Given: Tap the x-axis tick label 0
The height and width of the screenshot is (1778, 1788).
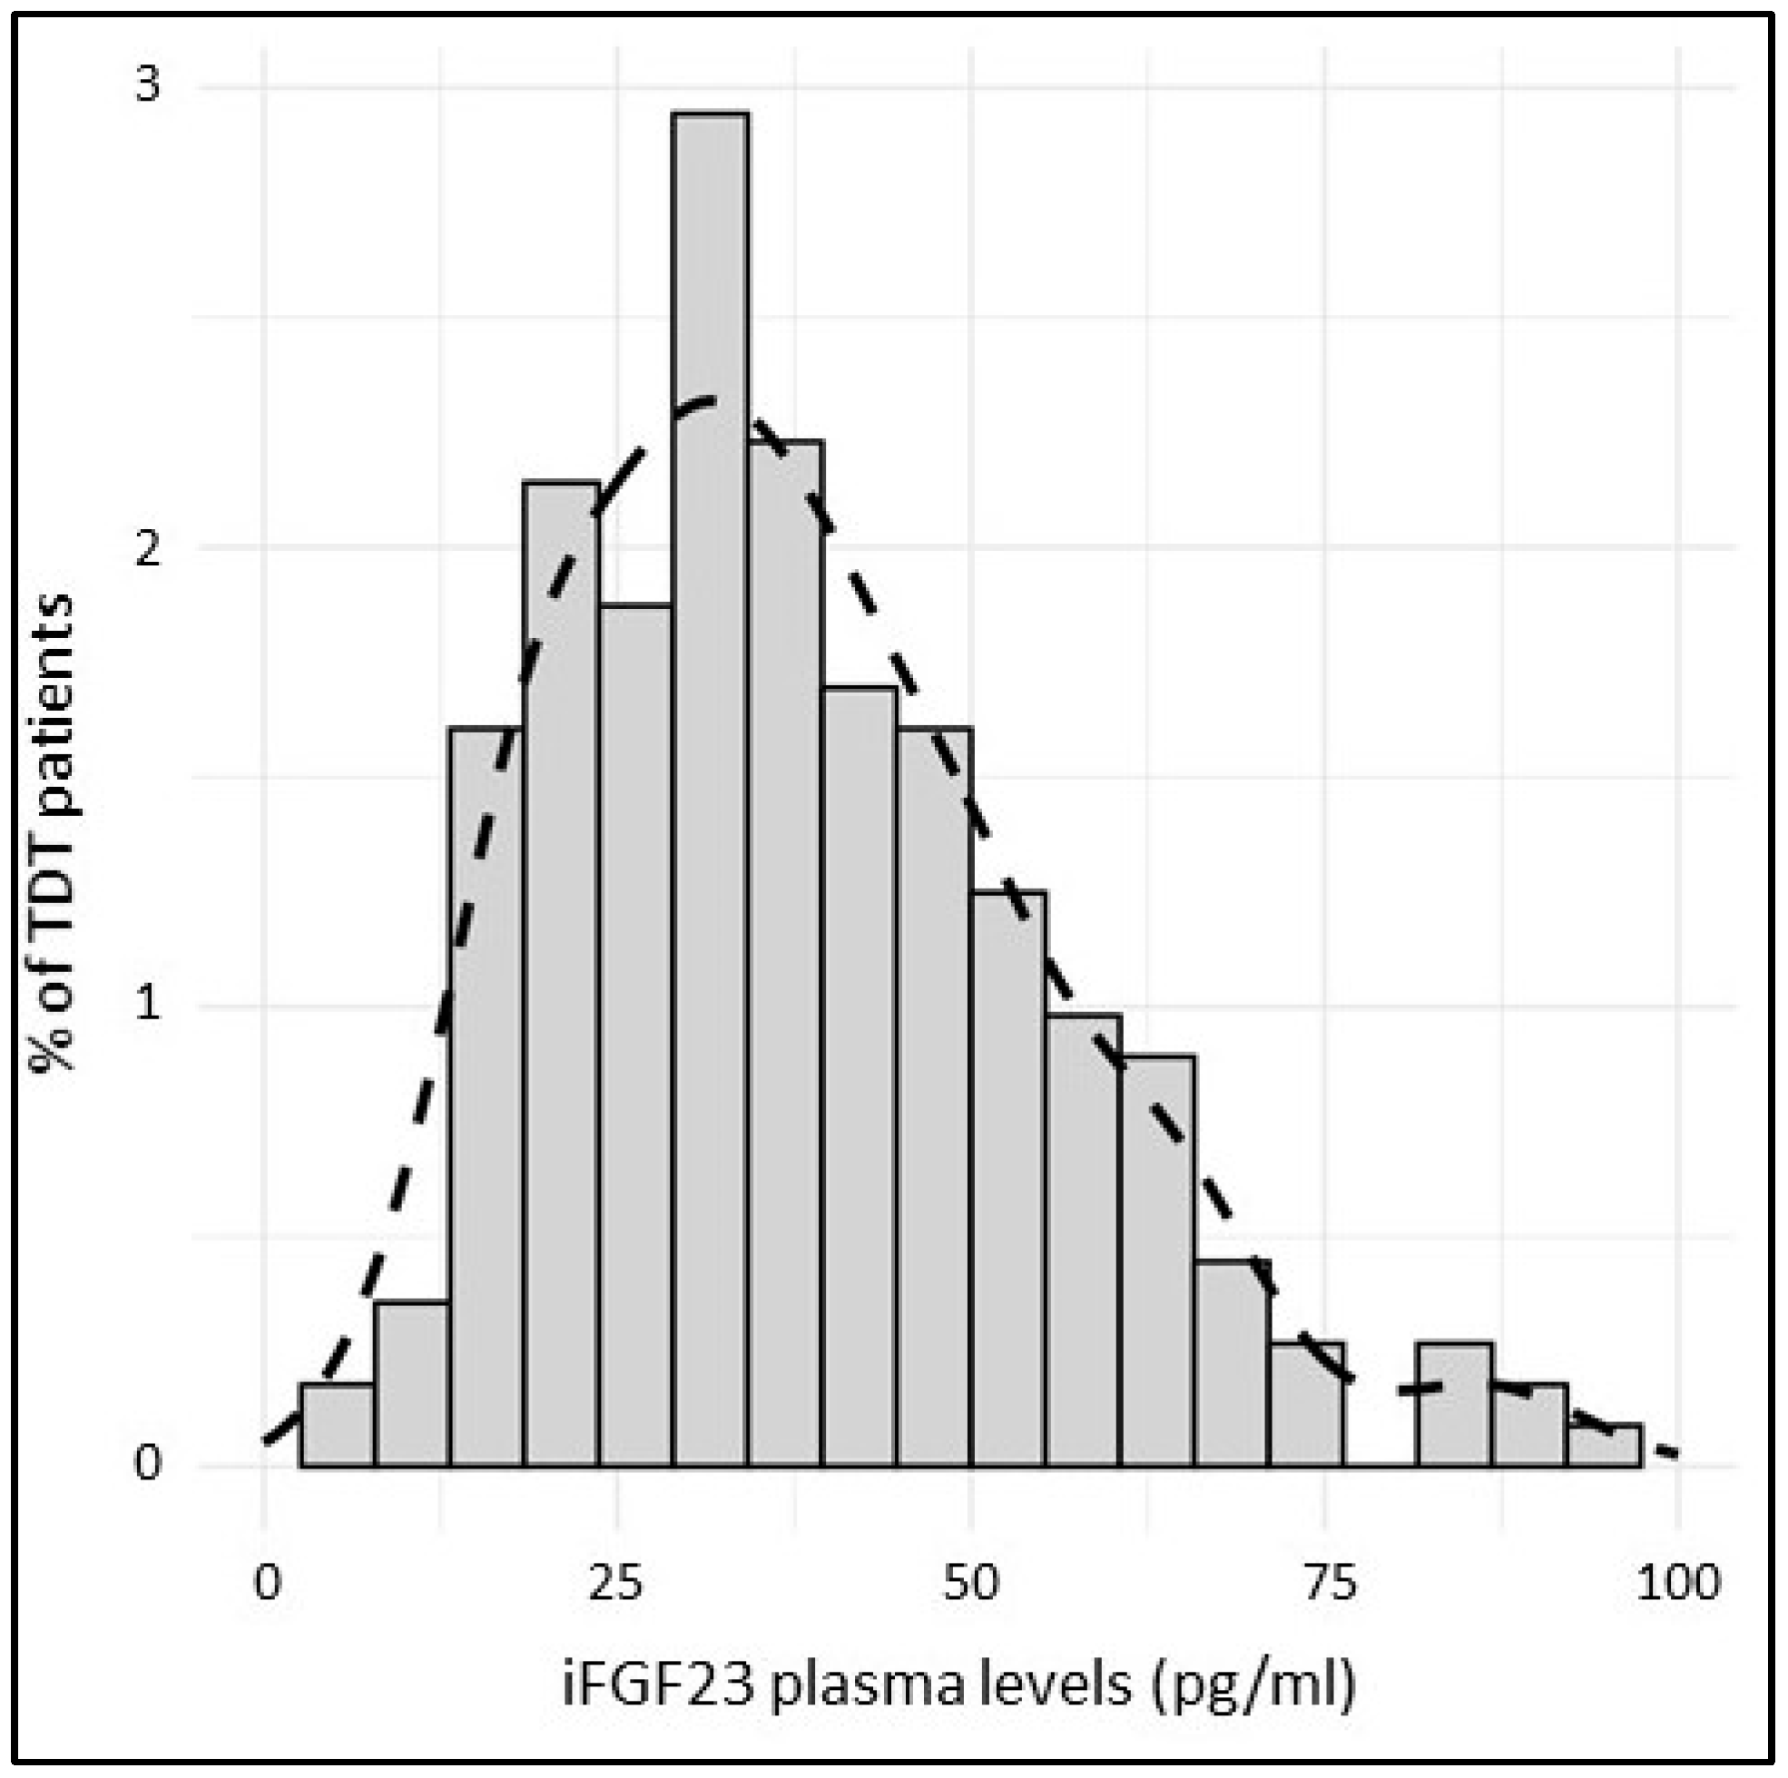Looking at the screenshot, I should click(x=267, y=1583).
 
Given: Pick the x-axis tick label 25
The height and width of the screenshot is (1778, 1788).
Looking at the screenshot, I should click(x=615, y=1583).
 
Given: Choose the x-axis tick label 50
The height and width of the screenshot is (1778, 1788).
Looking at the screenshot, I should click(x=971, y=1583).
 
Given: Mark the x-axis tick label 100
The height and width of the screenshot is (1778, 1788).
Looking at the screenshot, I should click(x=1678, y=1583).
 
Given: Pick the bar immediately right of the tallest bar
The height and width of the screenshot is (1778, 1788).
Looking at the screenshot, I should click(x=786, y=953).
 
